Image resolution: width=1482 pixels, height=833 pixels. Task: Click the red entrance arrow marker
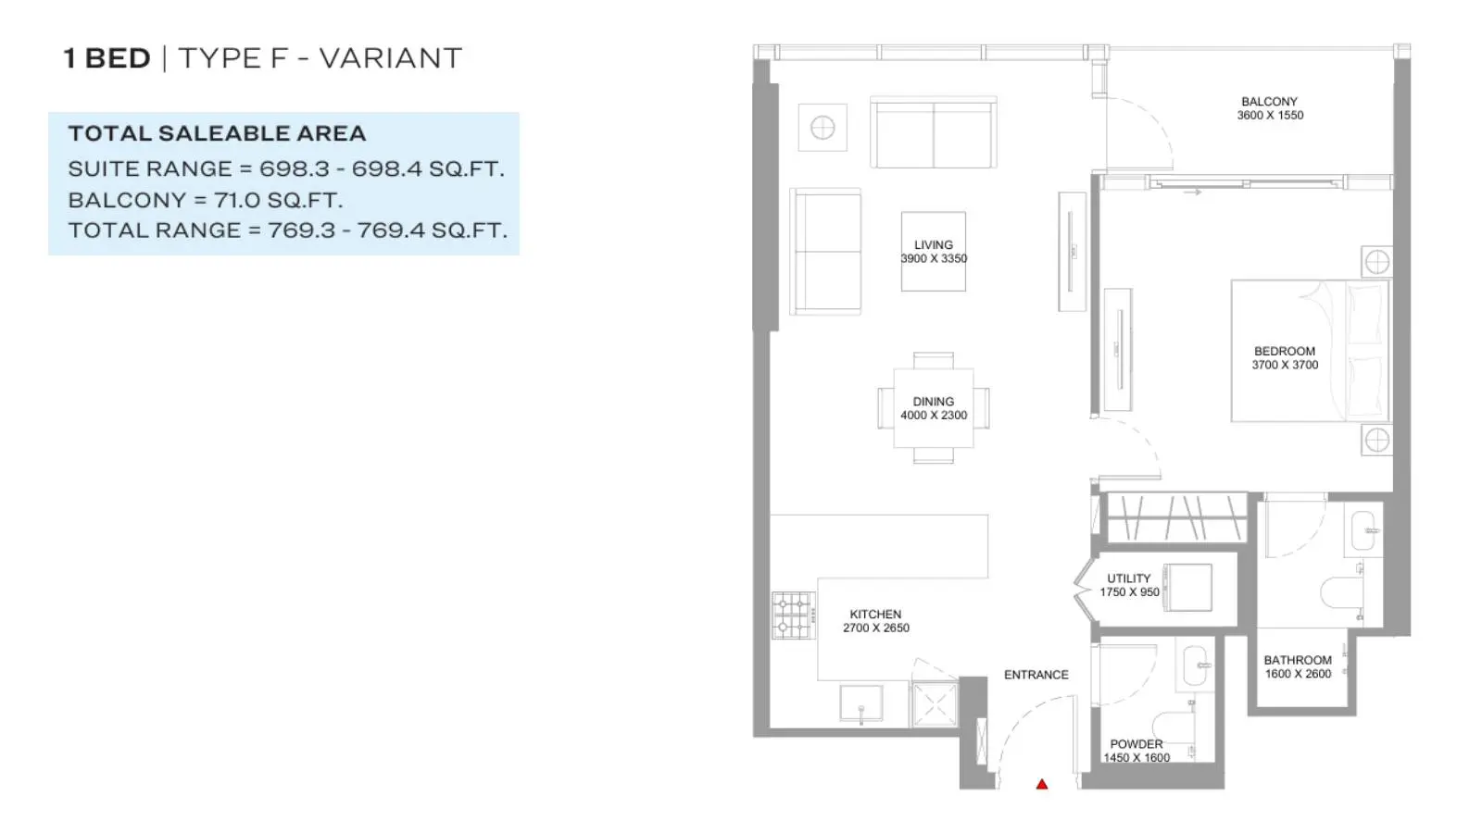(x=1042, y=784)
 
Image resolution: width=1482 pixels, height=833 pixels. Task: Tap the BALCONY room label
(x=1269, y=102)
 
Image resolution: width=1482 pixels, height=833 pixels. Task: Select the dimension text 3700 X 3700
(x=1285, y=365)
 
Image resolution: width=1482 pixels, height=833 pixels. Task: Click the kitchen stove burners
(x=793, y=615)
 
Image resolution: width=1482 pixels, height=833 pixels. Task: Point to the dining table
(x=934, y=408)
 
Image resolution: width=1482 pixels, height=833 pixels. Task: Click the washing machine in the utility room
(x=1188, y=587)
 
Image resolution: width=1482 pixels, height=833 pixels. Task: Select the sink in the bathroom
(x=1363, y=530)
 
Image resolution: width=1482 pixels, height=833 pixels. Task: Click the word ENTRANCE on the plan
(x=1036, y=675)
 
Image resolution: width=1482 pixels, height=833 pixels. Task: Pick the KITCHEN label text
(x=875, y=615)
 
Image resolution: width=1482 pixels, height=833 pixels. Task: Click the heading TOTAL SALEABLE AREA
(x=217, y=133)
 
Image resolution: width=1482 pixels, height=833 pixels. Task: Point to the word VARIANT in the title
(x=390, y=58)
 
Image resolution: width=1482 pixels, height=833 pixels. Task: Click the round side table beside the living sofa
(x=823, y=128)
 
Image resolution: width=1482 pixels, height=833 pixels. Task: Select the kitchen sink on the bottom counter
(x=860, y=703)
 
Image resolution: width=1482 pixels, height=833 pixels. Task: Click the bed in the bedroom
(x=1311, y=351)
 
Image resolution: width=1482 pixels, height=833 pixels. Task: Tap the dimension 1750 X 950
(x=1129, y=592)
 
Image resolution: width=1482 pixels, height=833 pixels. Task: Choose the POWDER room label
(x=1136, y=744)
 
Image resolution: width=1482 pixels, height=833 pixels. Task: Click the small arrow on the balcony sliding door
(x=1192, y=193)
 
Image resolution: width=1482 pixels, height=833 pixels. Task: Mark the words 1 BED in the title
(x=107, y=58)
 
